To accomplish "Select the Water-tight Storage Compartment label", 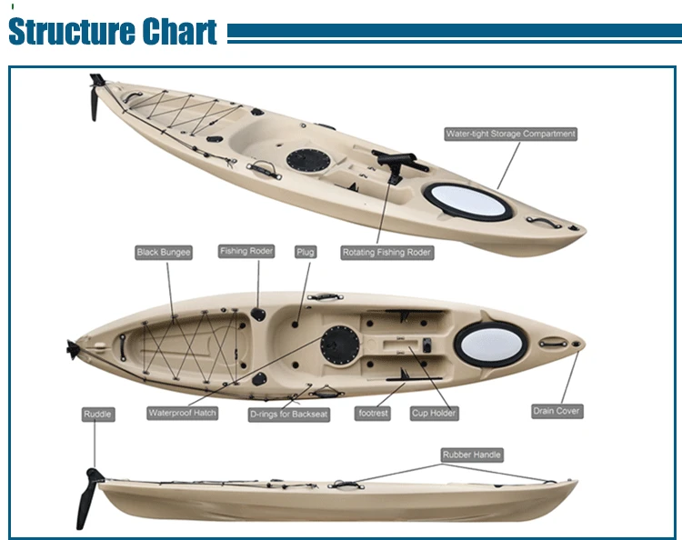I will coord(510,134).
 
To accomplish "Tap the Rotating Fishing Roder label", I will coord(386,252).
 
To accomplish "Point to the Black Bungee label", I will coord(164,252).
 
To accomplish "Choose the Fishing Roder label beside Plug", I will coord(246,251).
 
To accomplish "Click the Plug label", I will coord(306,251).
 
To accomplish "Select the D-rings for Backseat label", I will coord(289,414).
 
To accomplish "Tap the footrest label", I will coord(373,414).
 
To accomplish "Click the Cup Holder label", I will coord(434,414).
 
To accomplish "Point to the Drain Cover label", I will coord(557,411).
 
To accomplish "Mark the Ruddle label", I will coord(98,415).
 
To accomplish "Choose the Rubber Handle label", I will coord(472,455).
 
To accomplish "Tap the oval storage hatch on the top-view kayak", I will coord(483,342).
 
